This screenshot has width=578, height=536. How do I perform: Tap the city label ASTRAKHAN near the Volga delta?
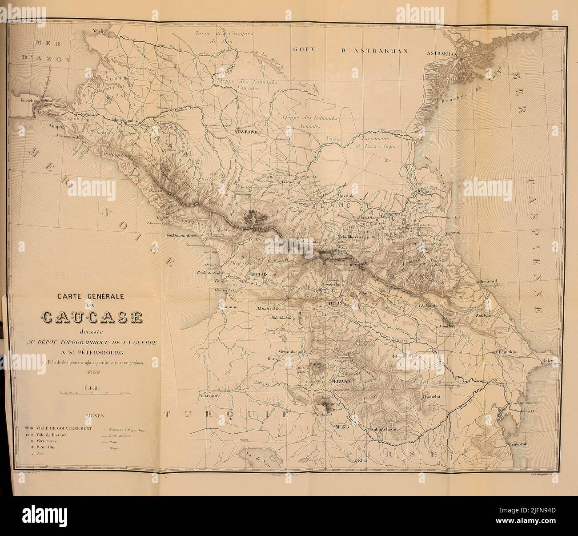click(x=442, y=53)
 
